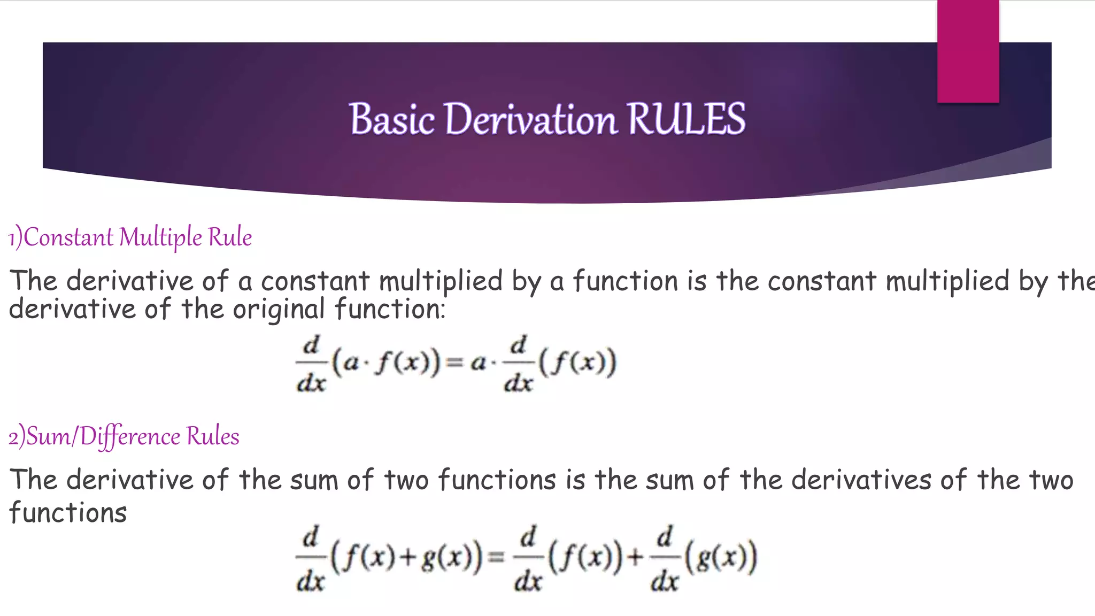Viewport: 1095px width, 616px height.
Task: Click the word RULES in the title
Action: (686, 119)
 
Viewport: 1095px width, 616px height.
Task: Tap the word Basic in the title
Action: (392, 119)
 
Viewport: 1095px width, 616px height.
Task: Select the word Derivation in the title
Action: (530, 119)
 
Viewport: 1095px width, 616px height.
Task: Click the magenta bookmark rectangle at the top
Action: (968, 51)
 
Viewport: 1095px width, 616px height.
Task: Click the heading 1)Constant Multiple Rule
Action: (130, 237)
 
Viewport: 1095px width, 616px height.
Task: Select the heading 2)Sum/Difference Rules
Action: (124, 436)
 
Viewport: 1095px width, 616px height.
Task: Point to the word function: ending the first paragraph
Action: (390, 309)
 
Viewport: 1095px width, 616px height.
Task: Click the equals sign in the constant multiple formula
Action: (454, 363)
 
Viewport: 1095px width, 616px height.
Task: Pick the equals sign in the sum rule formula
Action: (497, 558)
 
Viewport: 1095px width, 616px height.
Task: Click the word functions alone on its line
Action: (68, 513)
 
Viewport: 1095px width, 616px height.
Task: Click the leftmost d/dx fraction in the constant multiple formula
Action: (311, 364)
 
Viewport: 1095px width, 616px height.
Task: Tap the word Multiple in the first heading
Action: (160, 237)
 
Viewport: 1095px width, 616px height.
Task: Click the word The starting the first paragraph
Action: (33, 281)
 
